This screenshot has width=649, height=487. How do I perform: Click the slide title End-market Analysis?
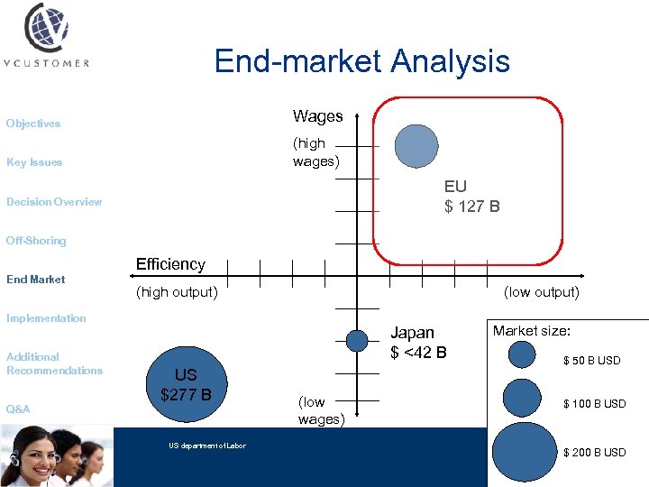(x=361, y=61)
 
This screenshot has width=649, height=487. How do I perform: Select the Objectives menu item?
(x=33, y=124)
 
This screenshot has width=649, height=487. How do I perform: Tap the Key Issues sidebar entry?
(x=34, y=162)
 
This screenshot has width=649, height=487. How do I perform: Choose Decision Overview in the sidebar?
(x=54, y=202)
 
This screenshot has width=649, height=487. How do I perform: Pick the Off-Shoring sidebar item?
(x=36, y=241)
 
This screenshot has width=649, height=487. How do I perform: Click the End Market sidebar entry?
(x=36, y=280)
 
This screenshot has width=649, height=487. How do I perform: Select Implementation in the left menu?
(x=46, y=318)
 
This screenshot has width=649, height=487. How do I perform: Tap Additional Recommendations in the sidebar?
(x=54, y=363)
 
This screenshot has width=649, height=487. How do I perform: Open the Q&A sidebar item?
(x=18, y=409)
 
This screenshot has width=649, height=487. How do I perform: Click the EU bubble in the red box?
(x=416, y=146)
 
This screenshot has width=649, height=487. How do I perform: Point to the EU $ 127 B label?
(x=471, y=197)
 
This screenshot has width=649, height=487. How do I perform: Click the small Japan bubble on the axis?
(x=358, y=340)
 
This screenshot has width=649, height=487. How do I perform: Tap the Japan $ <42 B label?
(x=417, y=343)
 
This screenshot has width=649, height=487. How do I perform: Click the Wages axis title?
(x=317, y=116)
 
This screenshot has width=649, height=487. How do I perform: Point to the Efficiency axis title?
(x=170, y=264)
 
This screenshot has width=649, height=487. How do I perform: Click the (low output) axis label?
(x=541, y=292)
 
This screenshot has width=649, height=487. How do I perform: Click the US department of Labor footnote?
(x=206, y=446)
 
